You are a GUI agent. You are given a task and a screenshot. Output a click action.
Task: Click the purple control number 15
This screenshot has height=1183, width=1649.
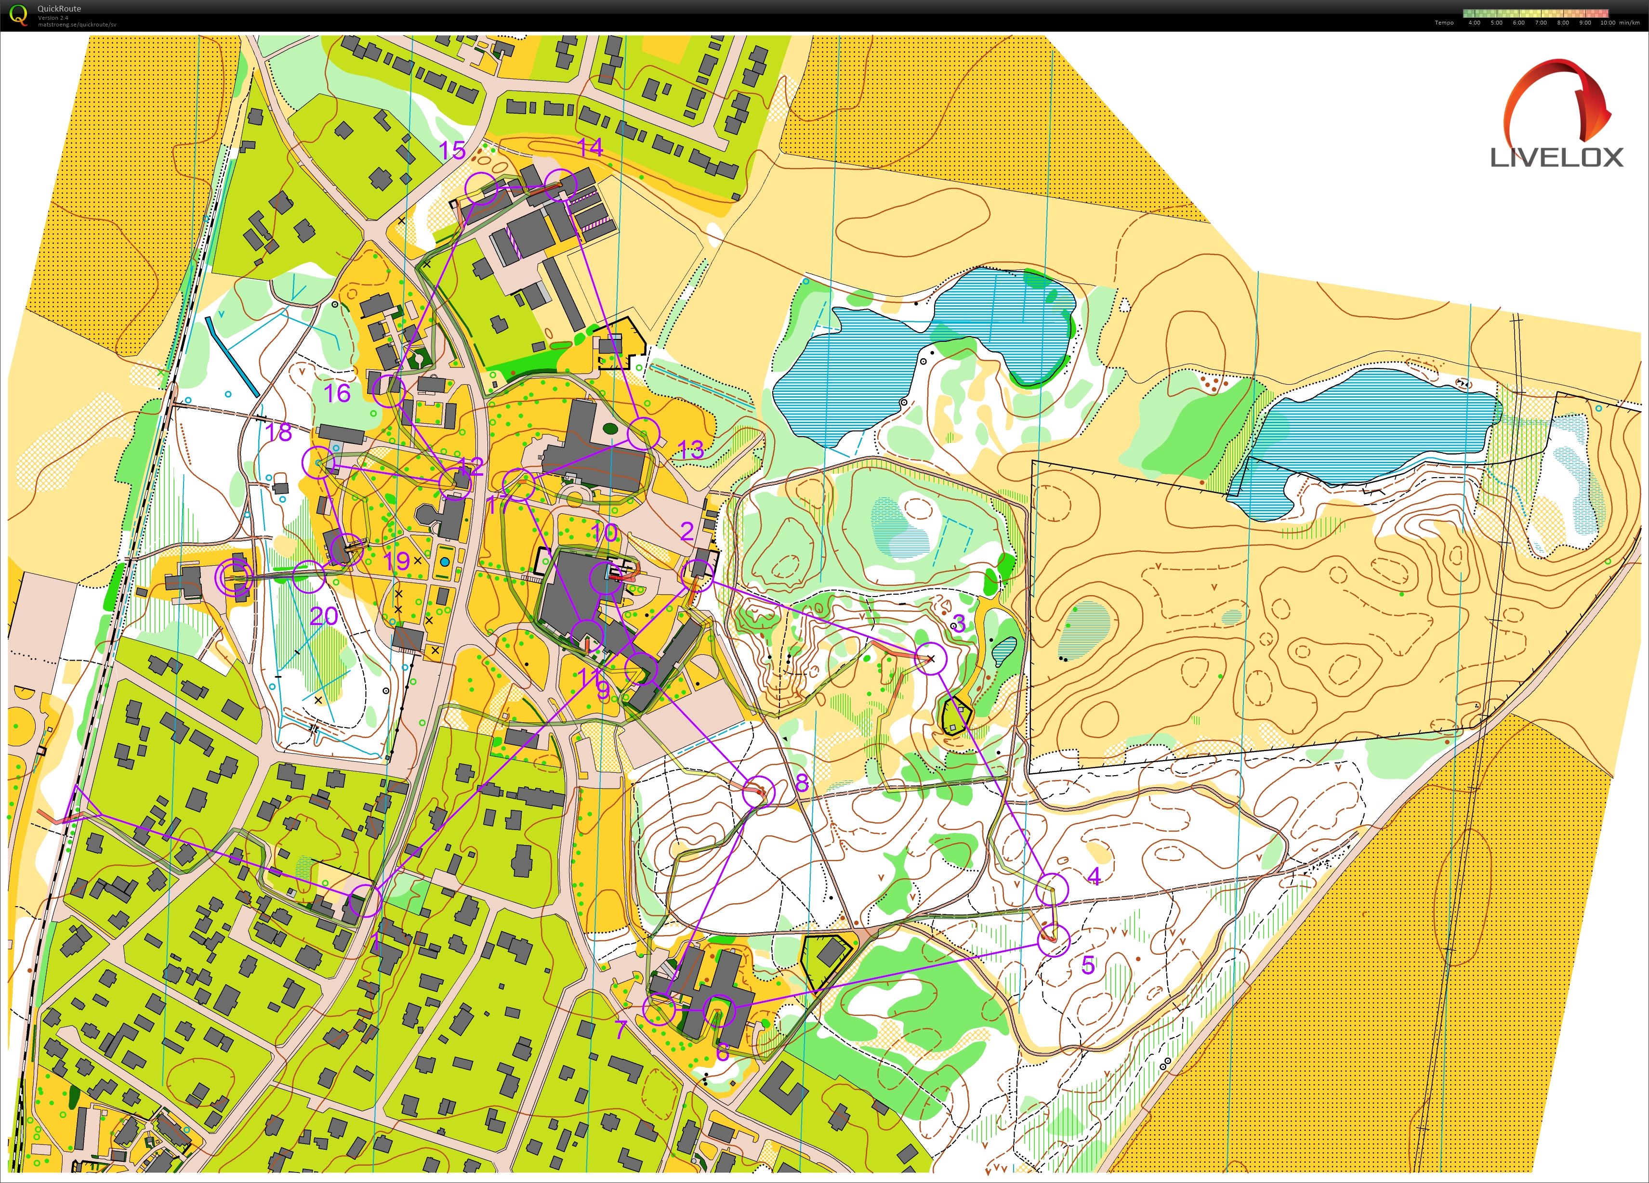pyautogui.click(x=452, y=150)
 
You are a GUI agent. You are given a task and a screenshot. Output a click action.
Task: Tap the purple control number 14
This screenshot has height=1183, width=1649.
pyautogui.click(x=590, y=147)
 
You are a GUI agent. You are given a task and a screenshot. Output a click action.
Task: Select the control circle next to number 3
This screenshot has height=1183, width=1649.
pyautogui.click(x=931, y=658)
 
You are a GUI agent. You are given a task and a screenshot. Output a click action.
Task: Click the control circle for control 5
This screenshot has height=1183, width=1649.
pyautogui.click(x=1054, y=940)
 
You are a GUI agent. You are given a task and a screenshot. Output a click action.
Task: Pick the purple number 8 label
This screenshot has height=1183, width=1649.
pyautogui.click(x=802, y=782)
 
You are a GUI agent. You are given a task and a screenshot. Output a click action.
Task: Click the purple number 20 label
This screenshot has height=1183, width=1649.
pyautogui.click(x=324, y=616)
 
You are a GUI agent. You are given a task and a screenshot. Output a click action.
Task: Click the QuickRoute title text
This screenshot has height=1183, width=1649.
pyautogui.click(x=60, y=9)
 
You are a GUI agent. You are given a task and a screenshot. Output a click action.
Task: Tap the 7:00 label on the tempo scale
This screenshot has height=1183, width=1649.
pyautogui.click(x=1541, y=23)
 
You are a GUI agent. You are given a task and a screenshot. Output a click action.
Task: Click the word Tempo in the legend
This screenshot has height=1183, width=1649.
pyautogui.click(x=1444, y=23)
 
